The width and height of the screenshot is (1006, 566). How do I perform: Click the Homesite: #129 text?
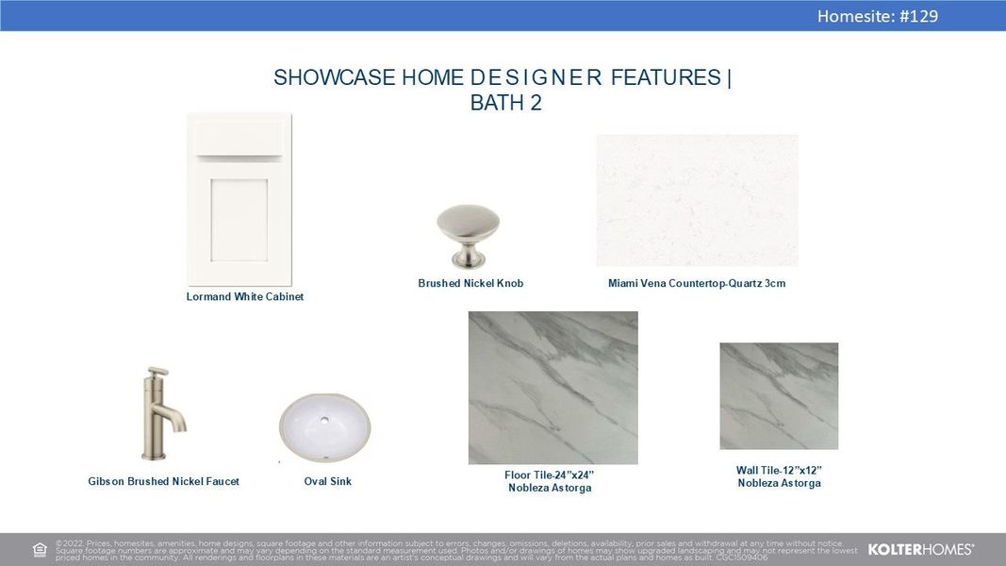(877, 16)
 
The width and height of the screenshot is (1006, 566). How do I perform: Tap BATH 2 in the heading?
(505, 104)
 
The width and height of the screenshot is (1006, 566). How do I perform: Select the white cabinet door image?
(239, 198)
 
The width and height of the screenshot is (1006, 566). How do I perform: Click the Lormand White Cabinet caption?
(245, 297)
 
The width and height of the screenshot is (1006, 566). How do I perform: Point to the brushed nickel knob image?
(468, 236)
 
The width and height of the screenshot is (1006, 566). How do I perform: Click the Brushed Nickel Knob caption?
(470, 283)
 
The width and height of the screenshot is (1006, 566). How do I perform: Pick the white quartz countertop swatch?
(697, 200)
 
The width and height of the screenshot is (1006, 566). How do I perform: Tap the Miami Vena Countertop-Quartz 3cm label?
(697, 283)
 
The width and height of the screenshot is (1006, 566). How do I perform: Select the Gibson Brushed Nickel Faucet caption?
(163, 482)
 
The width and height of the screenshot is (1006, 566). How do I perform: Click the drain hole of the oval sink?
(324, 421)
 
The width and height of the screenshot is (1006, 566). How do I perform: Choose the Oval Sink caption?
(327, 482)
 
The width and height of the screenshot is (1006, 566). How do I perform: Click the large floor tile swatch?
(552, 388)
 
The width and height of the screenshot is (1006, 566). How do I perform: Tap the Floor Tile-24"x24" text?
(550, 474)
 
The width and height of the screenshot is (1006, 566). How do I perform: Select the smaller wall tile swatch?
(779, 395)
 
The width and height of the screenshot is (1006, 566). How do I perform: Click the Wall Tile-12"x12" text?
(779, 470)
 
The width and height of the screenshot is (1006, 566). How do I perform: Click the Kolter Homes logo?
(920, 549)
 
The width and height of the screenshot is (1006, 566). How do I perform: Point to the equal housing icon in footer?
(40, 550)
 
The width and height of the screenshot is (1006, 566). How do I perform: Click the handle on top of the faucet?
(157, 372)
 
